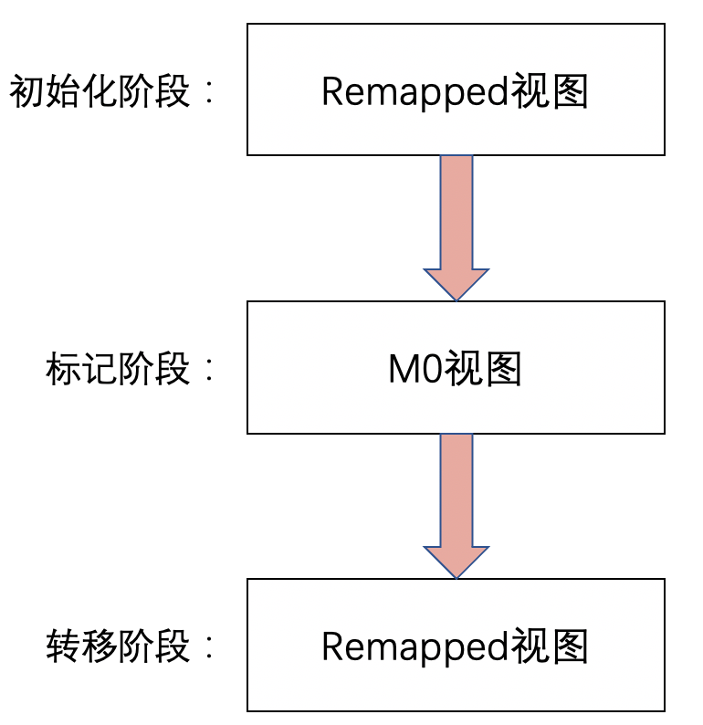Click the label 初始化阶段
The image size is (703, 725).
[x=100, y=92]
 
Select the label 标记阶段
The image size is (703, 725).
[x=118, y=370]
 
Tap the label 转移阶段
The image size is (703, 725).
[x=118, y=646]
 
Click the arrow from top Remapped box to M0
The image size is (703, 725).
[x=456, y=219]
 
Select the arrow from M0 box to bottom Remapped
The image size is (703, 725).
[x=456, y=498]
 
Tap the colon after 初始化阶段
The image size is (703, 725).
[x=209, y=93]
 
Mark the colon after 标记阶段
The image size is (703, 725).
[x=209, y=371]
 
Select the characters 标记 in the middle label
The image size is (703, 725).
[x=81, y=370]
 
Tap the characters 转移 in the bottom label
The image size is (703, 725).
[x=81, y=646]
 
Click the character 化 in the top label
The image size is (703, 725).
[x=100, y=92]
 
